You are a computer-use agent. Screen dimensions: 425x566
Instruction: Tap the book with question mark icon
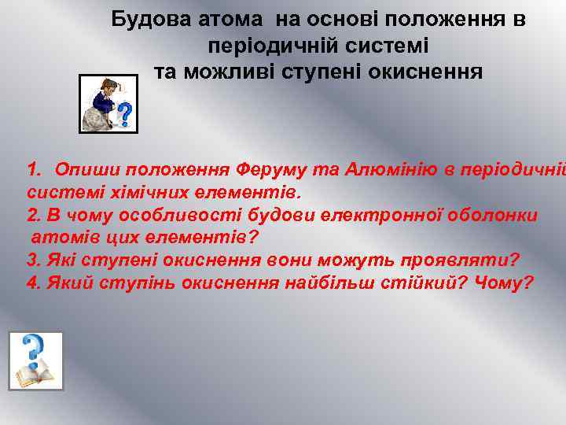click(35, 360)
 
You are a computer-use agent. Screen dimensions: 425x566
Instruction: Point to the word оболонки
click(494, 215)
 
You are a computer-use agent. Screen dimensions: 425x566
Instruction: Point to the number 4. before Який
click(33, 283)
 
